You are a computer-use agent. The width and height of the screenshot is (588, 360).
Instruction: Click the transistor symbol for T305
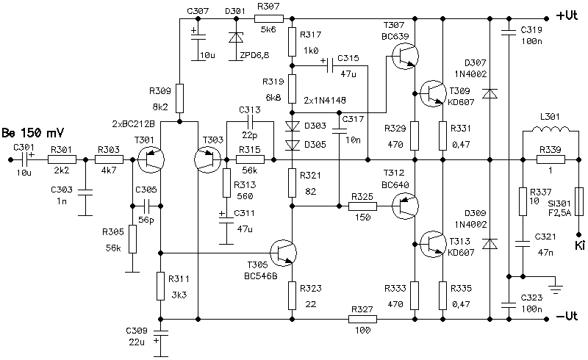pos(283,253)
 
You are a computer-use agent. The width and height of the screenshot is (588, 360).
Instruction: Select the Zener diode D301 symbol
pos(236,37)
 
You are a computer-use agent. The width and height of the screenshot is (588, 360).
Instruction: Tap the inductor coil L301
pos(550,129)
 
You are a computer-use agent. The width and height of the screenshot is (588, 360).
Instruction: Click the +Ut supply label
pos(567,15)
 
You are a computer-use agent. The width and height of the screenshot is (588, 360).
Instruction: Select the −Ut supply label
pos(567,317)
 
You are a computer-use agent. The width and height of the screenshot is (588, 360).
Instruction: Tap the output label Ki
pos(579,245)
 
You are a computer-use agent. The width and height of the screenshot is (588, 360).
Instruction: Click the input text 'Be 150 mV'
pos(32,133)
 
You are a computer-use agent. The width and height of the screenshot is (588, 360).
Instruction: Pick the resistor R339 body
pos(551,159)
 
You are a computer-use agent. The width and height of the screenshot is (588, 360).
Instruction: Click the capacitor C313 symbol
pos(250,121)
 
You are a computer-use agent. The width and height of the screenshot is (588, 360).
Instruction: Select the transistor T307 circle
pos(405,56)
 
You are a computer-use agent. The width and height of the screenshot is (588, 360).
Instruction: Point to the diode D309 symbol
pos(490,244)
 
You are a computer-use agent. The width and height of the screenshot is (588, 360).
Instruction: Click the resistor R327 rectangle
pos(362,319)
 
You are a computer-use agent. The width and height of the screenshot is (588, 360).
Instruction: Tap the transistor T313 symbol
pos(433,244)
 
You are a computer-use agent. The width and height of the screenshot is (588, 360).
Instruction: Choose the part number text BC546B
pos(261,276)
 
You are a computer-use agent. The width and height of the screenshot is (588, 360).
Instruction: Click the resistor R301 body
pos(62,159)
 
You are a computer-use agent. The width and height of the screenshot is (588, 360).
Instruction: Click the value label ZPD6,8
pos(254,56)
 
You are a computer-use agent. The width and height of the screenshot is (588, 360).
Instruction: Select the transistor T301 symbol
pos(151,159)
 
